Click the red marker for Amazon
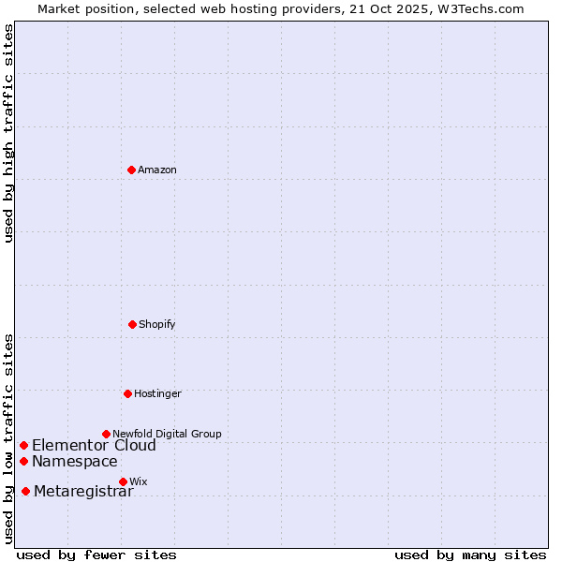pos(131,170)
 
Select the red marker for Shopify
pos(132,324)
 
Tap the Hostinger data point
pos(127,393)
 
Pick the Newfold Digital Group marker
pos(106,434)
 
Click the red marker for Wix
pos(123,481)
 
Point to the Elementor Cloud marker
pos(23,445)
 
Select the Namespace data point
pos(23,461)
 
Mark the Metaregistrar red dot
pos(25,492)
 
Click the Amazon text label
pos(157,170)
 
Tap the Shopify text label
pos(157,324)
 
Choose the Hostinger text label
pos(157,393)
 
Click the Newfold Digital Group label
pos(167,434)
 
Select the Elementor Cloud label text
pos(94,445)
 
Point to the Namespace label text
pos(75,461)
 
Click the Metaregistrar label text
pos(83,492)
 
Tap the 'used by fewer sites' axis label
pos(96,555)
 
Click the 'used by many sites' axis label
pos(470,555)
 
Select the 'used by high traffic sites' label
pos(8,133)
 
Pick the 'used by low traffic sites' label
pos(8,437)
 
